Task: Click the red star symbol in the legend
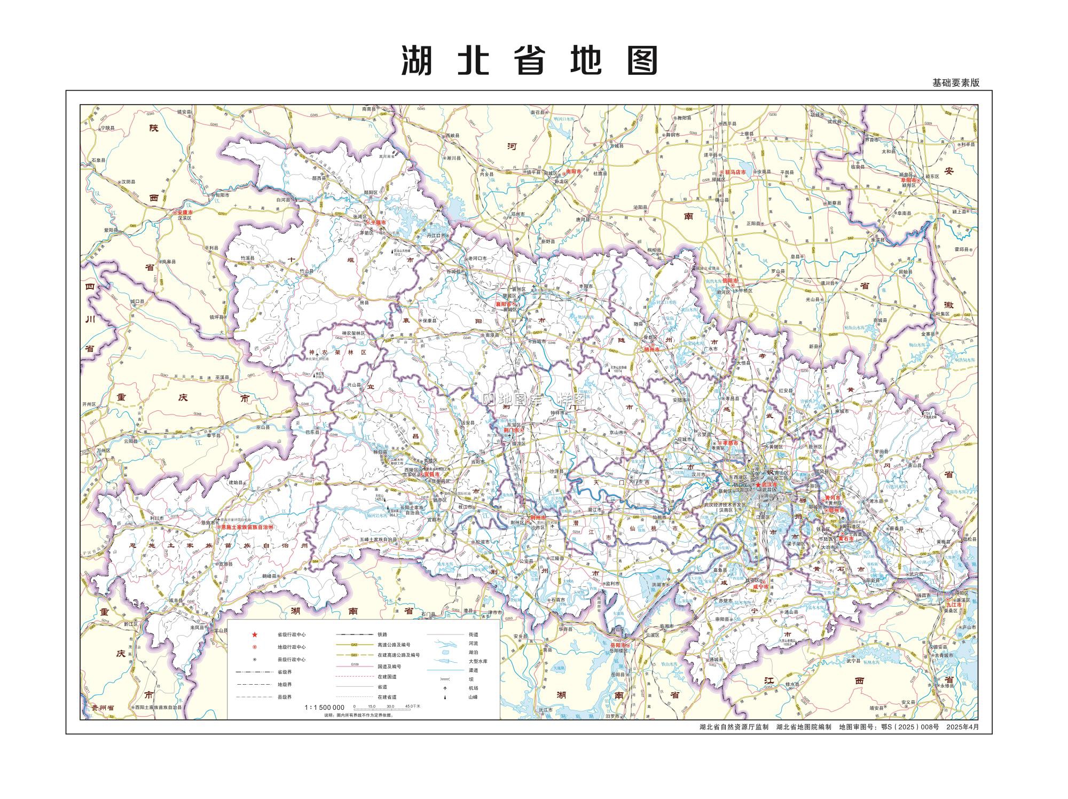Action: point(255,634)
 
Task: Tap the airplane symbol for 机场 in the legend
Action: point(444,688)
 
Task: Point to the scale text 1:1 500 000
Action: point(324,707)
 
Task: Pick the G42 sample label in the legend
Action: point(354,645)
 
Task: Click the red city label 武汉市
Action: point(769,484)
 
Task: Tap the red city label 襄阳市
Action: point(504,304)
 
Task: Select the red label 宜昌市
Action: point(430,474)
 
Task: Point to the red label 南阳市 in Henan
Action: point(573,173)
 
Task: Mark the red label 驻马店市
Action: point(735,172)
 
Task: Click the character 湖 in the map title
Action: point(417,60)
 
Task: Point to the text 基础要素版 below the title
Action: point(956,83)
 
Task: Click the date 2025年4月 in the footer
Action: point(963,727)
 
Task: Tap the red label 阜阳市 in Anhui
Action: point(908,181)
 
